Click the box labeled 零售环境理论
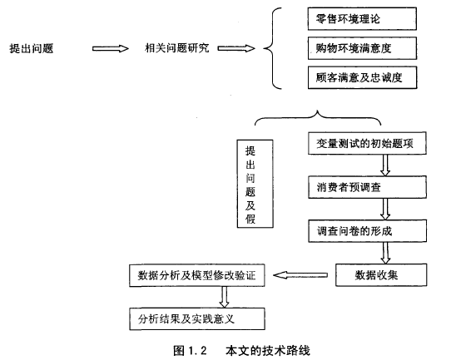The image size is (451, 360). point(362,18)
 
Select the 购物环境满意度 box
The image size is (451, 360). point(362,48)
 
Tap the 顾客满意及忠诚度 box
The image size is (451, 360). point(362,77)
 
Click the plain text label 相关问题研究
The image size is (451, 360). point(177,48)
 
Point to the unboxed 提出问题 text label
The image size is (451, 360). point(32,48)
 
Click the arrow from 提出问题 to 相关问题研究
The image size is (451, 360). point(111,48)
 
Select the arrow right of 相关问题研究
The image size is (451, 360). point(236,48)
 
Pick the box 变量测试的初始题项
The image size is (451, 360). point(367,143)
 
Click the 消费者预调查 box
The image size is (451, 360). point(367,187)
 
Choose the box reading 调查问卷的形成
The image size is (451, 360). point(367,231)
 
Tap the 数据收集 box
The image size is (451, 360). point(381,275)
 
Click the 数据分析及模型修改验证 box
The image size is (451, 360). point(196,275)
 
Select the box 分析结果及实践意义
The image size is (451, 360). point(196,319)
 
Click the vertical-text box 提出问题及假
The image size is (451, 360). point(255,184)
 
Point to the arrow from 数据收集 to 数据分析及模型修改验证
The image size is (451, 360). point(300,275)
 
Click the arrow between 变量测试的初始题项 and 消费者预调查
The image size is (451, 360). point(385,165)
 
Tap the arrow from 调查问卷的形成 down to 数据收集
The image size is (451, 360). point(385,253)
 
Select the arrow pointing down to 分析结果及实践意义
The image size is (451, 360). point(224,297)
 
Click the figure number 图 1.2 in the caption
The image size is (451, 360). point(190,351)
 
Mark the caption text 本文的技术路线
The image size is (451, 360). point(268,351)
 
